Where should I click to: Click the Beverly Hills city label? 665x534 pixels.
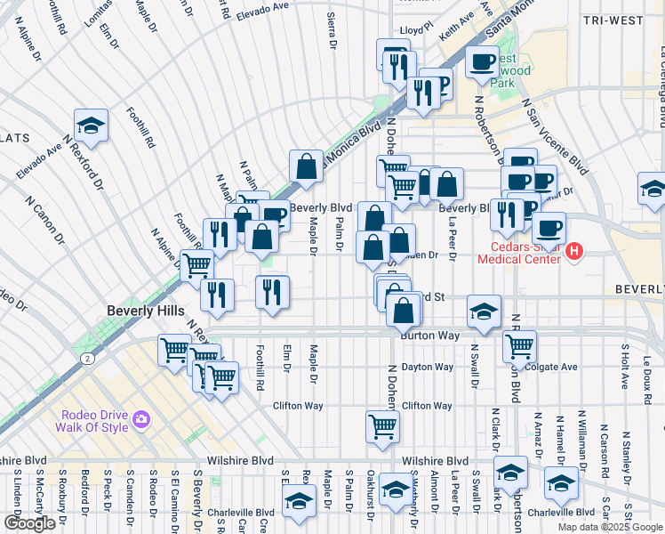[146, 311]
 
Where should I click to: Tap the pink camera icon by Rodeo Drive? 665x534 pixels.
[140, 419]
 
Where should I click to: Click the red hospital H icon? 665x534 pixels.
[574, 252]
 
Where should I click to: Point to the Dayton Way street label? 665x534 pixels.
[428, 367]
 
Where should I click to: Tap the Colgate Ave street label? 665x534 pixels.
[552, 367]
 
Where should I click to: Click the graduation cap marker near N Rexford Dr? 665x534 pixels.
[90, 125]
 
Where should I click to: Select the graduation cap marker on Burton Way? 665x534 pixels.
[484, 311]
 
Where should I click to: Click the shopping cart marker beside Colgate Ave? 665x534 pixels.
[519, 344]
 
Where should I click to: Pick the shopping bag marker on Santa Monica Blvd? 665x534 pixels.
[306, 166]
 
